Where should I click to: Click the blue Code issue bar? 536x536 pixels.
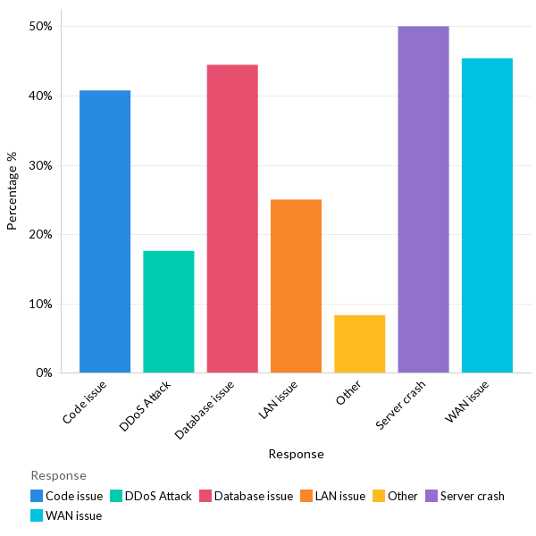click(105, 231)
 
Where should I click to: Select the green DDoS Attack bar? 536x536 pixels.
click(168, 312)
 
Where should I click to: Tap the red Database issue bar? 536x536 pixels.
click(232, 219)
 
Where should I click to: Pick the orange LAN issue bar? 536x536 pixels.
click(296, 286)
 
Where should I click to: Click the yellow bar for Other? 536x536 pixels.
click(359, 344)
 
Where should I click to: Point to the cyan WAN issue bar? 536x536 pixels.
click(487, 215)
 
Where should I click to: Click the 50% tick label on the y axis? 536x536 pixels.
click(40, 27)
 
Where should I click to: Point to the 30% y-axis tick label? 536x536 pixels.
click(40, 165)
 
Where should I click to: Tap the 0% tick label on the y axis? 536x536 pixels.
click(44, 373)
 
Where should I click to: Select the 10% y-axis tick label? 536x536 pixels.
click(40, 304)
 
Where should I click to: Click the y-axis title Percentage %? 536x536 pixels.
click(13, 191)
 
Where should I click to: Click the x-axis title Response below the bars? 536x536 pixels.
click(296, 454)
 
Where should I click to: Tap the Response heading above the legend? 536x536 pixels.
click(59, 475)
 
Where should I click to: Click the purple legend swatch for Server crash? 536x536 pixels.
click(430, 496)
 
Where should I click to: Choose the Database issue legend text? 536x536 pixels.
click(254, 496)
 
